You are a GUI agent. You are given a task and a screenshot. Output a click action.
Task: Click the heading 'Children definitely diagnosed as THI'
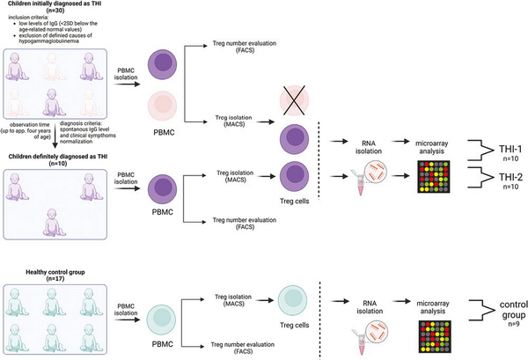point(60,157)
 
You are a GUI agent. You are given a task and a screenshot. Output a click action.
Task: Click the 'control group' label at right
point(505,311)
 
